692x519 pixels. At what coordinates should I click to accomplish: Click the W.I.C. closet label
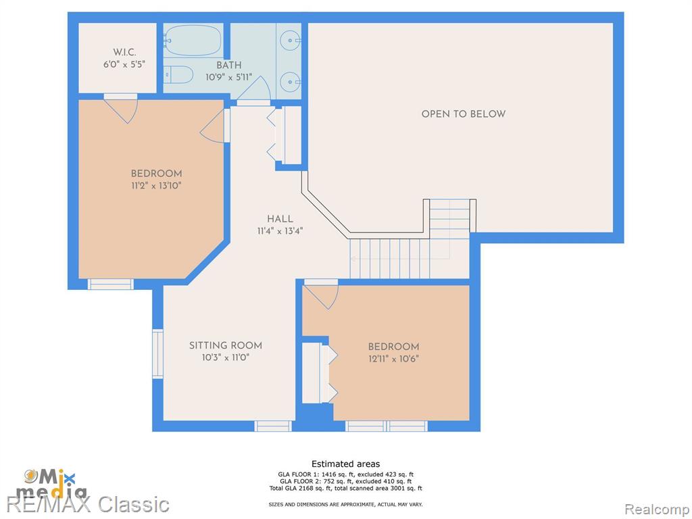(x=124, y=52)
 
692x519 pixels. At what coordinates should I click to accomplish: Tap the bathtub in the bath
(x=193, y=40)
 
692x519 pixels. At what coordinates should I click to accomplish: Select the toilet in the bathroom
(x=178, y=74)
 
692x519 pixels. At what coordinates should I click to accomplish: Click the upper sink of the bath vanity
(x=291, y=41)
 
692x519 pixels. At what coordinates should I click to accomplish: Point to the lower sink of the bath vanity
(x=291, y=82)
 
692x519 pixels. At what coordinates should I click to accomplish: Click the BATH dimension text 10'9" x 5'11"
(x=228, y=78)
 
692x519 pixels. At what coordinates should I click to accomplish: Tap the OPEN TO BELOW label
(x=464, y=114)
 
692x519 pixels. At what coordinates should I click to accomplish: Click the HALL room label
(x=280, y=219)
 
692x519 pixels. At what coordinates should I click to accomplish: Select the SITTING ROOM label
(x=226, y=345)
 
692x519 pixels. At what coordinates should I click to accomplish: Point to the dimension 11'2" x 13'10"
(x=156, y=186)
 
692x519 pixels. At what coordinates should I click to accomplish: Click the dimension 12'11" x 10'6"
(x=393, y=359)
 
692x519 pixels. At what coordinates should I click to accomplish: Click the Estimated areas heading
(x=345, y=464)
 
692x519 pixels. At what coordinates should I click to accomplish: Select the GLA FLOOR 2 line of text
(x=345, y=481)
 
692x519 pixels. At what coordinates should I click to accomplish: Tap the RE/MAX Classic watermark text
(x=89, y=504)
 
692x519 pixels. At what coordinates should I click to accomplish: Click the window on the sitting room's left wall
(x=157, y=353)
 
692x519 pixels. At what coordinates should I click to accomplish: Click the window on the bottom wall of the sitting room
(x=273, y=426)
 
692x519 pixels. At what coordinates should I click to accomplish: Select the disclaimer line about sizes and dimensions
(x=345, y=504)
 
